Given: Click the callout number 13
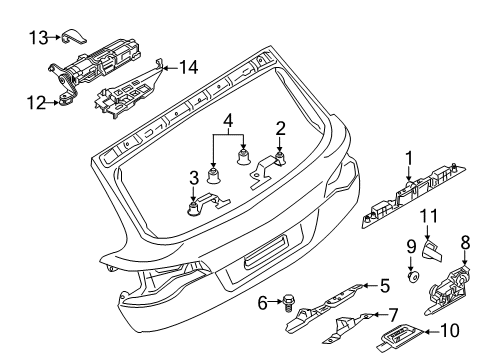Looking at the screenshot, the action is (x=39, y=38).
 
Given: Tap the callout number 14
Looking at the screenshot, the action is (x=189, y=67).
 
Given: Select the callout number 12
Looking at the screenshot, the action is (x=36, y=103).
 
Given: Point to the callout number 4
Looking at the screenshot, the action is (x=228, y=121).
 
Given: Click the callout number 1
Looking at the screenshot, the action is (x=409, y=158).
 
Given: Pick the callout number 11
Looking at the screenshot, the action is (x=428, y=216).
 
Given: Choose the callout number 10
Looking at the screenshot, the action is (x=450, y=331).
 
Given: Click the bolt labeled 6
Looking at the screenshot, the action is (x=287, y=302).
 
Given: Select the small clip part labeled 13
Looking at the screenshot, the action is (x=75, y=36).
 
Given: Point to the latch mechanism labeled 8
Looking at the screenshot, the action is (x=447, y=289).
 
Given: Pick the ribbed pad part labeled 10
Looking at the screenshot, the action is (x=400, y=337).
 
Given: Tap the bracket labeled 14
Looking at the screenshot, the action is (x=128, y=89).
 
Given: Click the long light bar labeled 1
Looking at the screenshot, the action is (x=413, y=196).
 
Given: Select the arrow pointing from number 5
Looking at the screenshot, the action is (x=370, y=286).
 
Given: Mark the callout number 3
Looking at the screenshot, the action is (x=194, y=178).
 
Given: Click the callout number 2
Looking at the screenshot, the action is (x=280, y=129).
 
